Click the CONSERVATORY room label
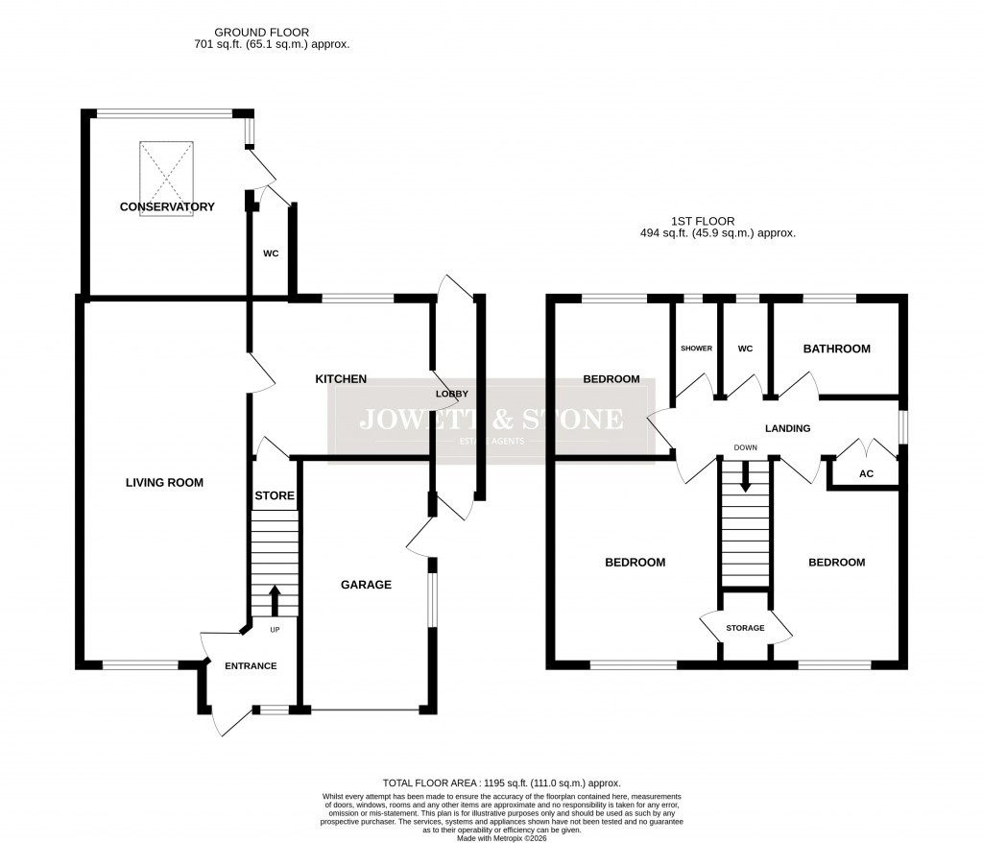pyautogui.click(x=167, y=207)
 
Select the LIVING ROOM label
pyautogui.click(x=164, y=483)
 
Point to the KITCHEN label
pyautogui.click(x=341, y=379)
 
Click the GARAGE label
pyautogui.click(x=367, y=585)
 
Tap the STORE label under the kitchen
pyautogui.click(x=275, y=496)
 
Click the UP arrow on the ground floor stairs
pyautogui.click(x=275, y=601)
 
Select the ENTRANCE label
pyautogui.click(x=251, y=666)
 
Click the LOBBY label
pyautogui.click(x=452, y=395)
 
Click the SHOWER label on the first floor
pyautogui.click(x=696, y=349)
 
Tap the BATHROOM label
pyautogui.click(x=836, y=349)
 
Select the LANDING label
pyautogui.click(x=787, y=429)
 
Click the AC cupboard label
pyautogui.click(x=865, y=474)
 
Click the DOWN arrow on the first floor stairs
pyautogui.click(x=745, y=477)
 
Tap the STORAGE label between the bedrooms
pyautogui.click(x=745, y=628)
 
